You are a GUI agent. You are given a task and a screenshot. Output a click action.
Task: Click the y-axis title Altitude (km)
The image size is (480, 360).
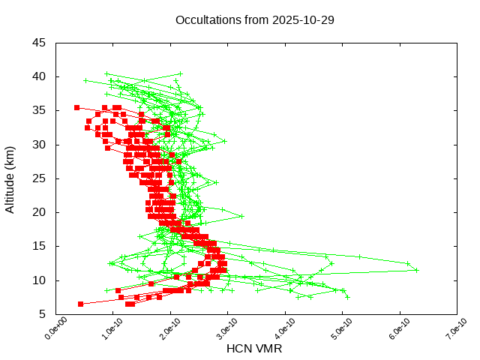10,178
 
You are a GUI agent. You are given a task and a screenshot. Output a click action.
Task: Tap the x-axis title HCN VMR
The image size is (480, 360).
254,349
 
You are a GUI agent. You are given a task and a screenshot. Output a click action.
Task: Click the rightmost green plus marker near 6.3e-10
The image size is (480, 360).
417,270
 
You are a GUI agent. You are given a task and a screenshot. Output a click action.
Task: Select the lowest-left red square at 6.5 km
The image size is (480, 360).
80,304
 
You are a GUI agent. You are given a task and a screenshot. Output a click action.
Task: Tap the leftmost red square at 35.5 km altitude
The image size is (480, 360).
76,107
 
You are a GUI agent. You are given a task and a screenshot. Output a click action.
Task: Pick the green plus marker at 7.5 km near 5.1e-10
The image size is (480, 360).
347,297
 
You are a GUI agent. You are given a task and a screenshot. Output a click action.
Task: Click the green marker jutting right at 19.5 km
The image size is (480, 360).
242,216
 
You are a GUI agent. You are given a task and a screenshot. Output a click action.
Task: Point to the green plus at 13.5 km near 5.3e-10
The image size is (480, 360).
358,256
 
